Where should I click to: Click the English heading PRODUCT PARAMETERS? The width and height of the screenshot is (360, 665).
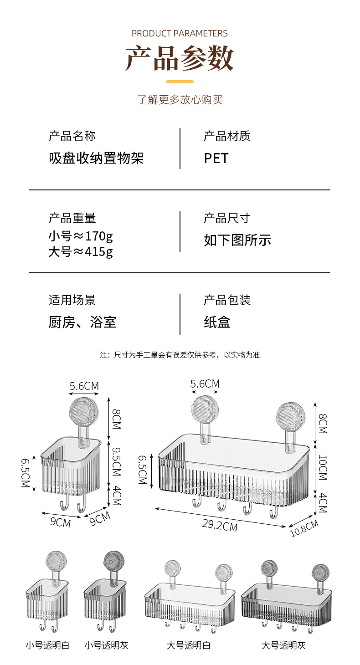point(180,33)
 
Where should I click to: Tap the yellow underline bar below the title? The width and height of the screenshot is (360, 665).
point(180,82)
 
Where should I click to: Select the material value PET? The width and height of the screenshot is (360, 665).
point(216,159)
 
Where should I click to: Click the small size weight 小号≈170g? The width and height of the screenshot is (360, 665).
point(81,236)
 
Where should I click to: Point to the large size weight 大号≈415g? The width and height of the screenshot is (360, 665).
point(81,251)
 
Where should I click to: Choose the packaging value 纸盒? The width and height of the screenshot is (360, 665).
point(217,322)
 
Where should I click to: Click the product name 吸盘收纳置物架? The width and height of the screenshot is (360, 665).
point(96,159)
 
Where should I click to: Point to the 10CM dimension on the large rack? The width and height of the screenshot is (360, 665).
point(323,467)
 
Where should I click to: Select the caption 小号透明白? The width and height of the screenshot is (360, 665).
point(47,645)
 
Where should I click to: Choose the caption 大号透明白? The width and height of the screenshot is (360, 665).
point(188,645)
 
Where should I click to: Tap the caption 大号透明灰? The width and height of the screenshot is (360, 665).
point(283,645)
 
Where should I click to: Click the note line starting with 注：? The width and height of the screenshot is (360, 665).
point(180,355)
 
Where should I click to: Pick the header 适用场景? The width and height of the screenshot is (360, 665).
point(72,300)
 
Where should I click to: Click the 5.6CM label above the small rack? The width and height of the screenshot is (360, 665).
point(84,386)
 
